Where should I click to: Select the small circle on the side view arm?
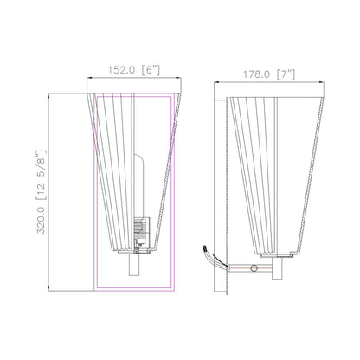[253, 270]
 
